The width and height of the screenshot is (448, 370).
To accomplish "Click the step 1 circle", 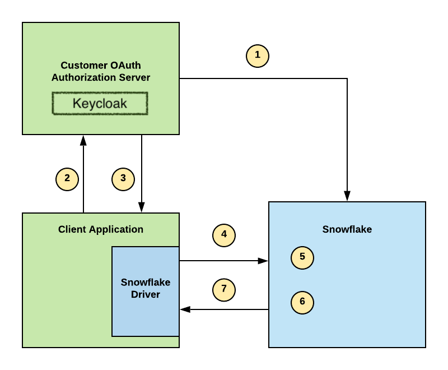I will click(258, 55).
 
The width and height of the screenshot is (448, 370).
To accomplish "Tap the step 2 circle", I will click(67, 179).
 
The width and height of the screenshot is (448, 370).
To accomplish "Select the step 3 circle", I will click(123, 179).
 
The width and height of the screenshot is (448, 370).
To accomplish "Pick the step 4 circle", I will click(224, 235).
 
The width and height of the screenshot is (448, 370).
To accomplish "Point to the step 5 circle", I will click(302, 257).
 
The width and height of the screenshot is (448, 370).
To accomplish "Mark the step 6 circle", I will click(302, 302).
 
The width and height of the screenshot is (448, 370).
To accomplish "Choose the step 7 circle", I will click(224, 290).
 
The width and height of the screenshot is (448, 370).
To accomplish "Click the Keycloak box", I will click(100, 104).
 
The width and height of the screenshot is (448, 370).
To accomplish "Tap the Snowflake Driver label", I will click(146, 288).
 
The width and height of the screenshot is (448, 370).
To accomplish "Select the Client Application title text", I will click(101, 229).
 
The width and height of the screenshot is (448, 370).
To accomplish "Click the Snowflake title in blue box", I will click(347, 229).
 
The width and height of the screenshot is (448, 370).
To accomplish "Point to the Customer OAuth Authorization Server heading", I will click(101, 71).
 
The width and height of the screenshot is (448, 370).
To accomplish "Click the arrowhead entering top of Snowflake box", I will click(347, 197).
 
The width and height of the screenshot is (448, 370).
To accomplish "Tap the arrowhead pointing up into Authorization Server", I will click(83, 140).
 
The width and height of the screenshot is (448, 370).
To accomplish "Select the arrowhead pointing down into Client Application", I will click(142, 208).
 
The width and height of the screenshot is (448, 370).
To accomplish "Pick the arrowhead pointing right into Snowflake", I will click(263, 261).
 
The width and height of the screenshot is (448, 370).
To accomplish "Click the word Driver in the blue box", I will click(146, 294).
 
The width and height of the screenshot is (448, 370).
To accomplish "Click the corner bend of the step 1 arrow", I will click(347, 78).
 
